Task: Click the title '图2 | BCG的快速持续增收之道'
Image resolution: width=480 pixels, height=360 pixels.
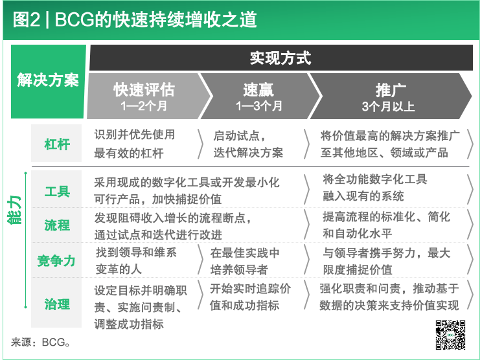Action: [x=135, y=20]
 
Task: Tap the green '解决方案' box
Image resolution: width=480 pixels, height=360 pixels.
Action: [x=49, y=82]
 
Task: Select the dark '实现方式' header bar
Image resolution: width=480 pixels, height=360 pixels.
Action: [x=280, y=58]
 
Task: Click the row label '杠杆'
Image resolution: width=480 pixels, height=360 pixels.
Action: [x=56, y=144]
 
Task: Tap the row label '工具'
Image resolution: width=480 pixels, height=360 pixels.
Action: [x=57, y=192]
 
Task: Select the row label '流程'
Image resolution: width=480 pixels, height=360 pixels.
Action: [x=57, y=225]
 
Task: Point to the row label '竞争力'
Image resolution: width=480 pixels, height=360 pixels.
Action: [x=56, y=260]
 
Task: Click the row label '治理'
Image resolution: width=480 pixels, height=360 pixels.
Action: [x=57, y=304]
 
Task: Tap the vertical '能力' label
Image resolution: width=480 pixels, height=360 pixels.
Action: [x=15, y=210]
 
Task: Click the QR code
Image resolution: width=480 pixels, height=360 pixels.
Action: [x=451, y=335]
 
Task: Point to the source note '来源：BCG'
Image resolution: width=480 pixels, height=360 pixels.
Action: [x=41, y=343]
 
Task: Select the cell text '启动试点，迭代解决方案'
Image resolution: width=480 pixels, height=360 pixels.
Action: [x=248, y=144]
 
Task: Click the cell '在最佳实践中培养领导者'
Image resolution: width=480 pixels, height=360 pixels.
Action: [x=245, y=261]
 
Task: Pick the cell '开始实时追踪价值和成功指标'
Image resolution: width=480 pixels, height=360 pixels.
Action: [x=251, y=297]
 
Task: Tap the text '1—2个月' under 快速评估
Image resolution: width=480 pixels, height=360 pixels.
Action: [x=144, y=106]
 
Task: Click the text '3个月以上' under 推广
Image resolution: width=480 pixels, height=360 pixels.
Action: [x=388, y=106]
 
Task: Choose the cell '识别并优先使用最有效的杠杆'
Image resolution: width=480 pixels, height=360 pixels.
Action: [x=135, y=144]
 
